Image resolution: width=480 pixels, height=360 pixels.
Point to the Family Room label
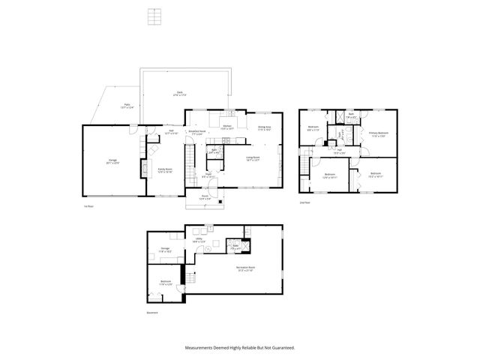(x=164, y=171)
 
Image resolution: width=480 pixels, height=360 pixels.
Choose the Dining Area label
(x=265, y=128)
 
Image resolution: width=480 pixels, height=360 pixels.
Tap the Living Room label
(x=252, y=158)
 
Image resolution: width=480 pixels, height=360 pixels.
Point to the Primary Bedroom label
(x=376, y=134)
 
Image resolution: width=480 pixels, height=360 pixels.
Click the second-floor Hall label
(x=339, y=151)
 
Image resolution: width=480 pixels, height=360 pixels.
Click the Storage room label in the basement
(x=165, y=250)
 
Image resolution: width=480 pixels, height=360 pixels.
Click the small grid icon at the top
(x=155, y=16)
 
